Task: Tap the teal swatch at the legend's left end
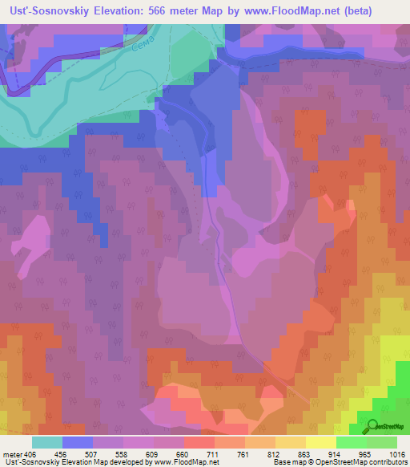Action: (47, 442)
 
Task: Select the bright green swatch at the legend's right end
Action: (382, 442)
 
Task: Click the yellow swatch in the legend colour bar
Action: (321, 442)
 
